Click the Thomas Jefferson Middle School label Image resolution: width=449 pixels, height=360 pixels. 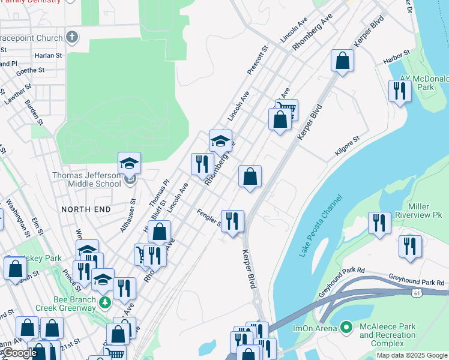pyautogui.click(x=86, y=179)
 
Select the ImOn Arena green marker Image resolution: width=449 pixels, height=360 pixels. pyautogui.click(x=346, y=327)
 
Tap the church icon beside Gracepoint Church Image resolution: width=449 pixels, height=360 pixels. pyautogui.click(x=72, y=38)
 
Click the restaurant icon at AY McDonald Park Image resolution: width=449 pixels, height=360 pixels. pyautogui.click(x=399, y=91)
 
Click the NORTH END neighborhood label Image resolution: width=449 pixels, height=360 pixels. pyautogui.click(x=86, y=209)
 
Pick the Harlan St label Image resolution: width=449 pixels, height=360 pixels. pyautogui.click(x=48, y=55)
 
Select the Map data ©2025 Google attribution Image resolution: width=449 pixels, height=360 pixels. pyautogui.click(x=411, y=355)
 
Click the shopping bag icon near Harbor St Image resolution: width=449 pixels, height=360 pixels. pyautogui.click(x=342, y=61)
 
